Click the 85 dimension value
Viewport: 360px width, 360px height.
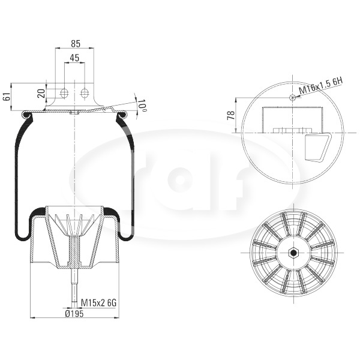[x=76, y=43]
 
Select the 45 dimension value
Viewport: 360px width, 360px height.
[x=74, y=58]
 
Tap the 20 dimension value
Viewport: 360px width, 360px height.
[x=42, y=94]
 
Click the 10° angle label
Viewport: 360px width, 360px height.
[x=142, y=106]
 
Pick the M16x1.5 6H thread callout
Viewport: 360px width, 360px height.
[x=320, y=86]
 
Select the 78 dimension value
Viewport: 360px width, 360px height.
[x=231, y=115]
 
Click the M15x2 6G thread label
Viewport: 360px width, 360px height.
[x=99, y=303]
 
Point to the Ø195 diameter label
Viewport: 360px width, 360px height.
[x=74, y=313]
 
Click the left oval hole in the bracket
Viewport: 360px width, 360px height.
[x=64, y=93]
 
